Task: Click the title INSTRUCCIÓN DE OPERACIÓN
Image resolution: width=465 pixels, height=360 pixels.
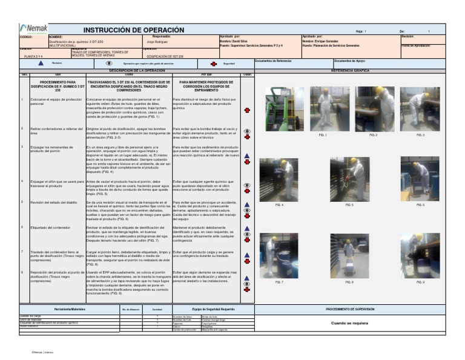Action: (133, 30)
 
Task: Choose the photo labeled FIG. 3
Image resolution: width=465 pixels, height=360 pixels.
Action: (420, 108)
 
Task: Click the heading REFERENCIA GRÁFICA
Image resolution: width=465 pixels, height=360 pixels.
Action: (358, 71)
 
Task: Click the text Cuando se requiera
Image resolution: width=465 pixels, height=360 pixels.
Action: (358, 323)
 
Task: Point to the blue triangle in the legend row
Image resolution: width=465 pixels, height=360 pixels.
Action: (41, 63)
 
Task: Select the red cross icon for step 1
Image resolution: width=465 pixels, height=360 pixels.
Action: (246, 110)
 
